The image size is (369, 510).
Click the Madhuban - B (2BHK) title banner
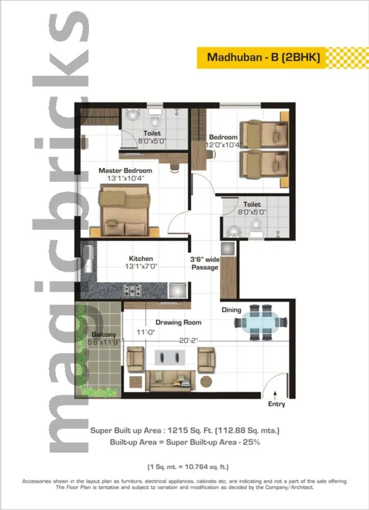[263, 57]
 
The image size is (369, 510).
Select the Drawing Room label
[178, 322]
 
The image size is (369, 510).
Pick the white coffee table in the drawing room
[170, 355]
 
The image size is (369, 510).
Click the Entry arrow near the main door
[276, 394]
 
